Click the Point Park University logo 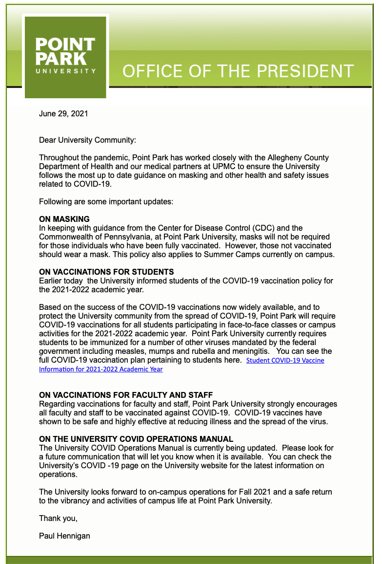click(65, 56)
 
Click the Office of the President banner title click(238, 71)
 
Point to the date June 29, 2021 click(63, 114)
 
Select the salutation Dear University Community click(87, 140)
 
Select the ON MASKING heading click(64, 219)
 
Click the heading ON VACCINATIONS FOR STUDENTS click(106, 272)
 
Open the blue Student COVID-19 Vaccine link click(285, 360)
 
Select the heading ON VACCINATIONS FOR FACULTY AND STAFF click(126, 395)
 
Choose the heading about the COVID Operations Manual click(136, 439)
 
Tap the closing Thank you click(58, 518)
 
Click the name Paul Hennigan click(64, 536)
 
